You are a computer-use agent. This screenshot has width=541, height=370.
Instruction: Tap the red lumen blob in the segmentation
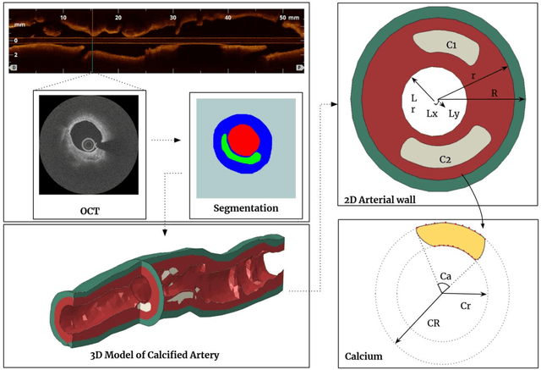tap(243, 137)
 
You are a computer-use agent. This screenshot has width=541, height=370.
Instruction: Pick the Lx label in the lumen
tap(432, 112)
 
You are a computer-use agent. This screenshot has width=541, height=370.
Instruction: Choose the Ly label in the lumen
tap(454, 112)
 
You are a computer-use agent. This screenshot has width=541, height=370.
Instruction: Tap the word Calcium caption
tap(364, 356)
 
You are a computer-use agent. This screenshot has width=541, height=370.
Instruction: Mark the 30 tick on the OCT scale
tap(172, 17)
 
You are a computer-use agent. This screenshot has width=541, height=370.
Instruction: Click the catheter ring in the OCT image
tap(89, 145)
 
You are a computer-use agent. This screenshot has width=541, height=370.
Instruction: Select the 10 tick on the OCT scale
tap(63, 17)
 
